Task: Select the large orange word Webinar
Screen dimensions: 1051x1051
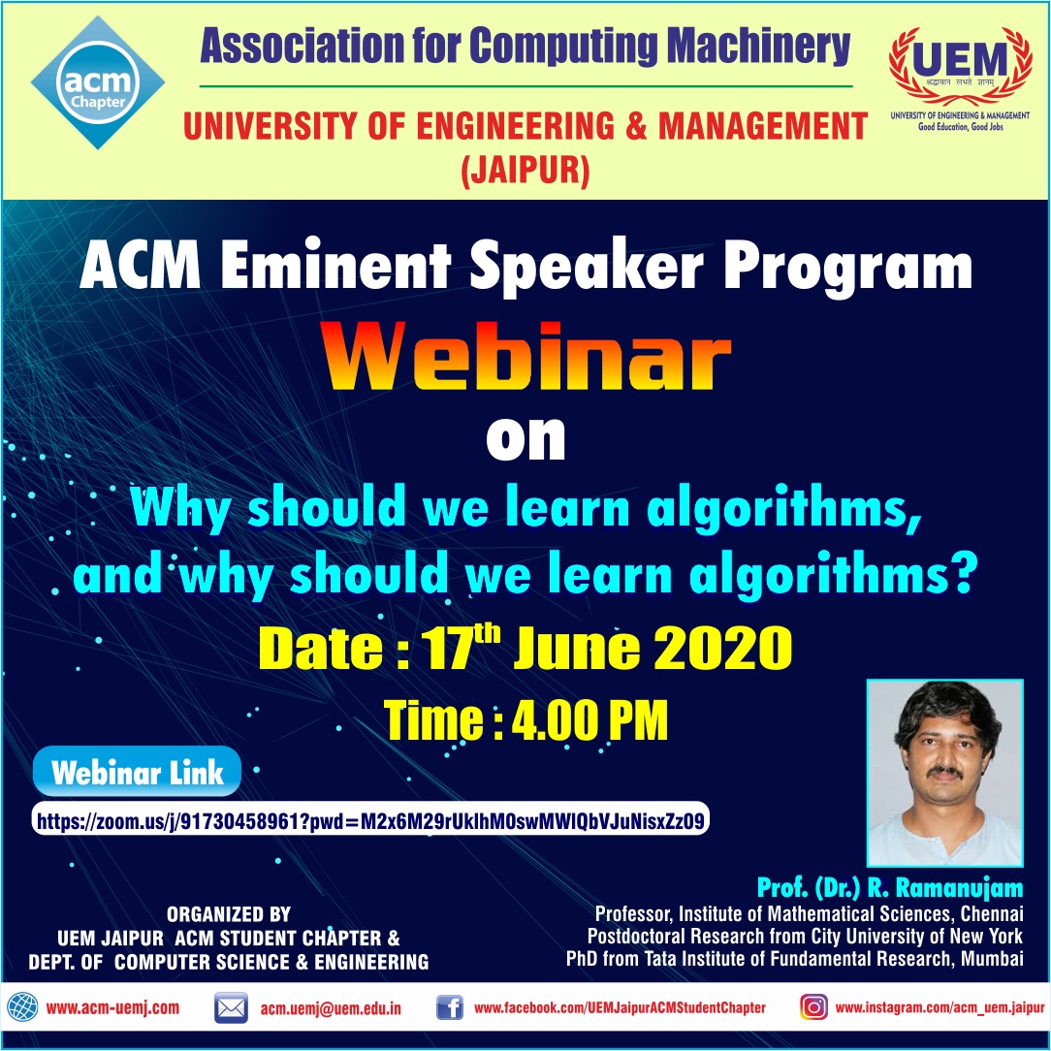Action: click(525, 361)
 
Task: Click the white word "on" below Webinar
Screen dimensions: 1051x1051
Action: click(525, 438)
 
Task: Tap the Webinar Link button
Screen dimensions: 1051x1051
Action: click(137, 773)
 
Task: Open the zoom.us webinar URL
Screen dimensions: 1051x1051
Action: click(369, 821)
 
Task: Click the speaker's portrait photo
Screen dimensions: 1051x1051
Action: click(944, 772)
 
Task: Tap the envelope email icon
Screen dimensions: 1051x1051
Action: click(231, 1008)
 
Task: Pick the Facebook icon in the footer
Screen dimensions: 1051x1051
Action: click(449, 1008)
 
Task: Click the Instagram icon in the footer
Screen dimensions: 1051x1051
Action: click(813, 1007)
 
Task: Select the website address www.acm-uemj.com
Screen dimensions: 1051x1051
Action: click(112, 1008)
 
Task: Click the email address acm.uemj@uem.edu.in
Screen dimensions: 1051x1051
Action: click(330, 1008)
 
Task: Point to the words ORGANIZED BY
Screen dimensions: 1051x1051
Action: click(229, 914)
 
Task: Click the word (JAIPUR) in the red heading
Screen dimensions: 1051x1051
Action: click(525, 174)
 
